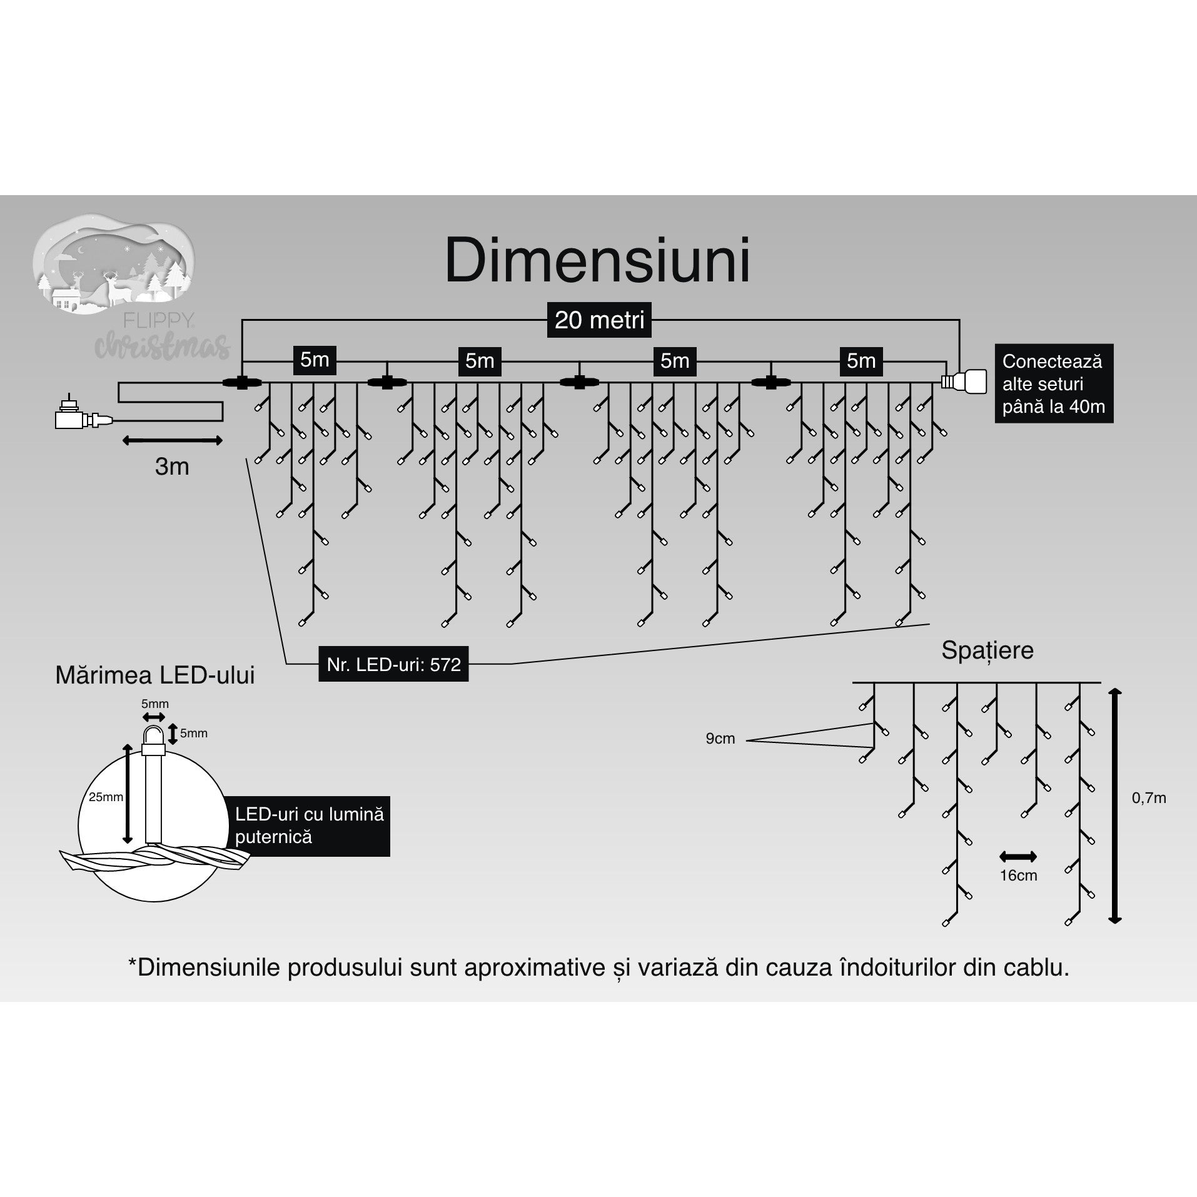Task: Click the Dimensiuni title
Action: pos(597,261)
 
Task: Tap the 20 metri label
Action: pos(599,320)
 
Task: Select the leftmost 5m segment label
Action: pos(315,360)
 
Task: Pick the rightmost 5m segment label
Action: pos(861,361)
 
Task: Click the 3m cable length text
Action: pos(172,467)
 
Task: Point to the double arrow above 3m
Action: pos(172,441)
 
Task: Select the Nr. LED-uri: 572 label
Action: pos(393,664)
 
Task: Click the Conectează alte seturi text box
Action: pos(1053,383)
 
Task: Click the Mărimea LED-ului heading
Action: pos(155,676)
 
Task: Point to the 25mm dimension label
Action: pos(106,797)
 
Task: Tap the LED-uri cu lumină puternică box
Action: pos(309,826)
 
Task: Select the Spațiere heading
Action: pos(987,650)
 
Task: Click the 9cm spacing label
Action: pos(720,739)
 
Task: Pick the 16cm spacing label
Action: pos(1018,876)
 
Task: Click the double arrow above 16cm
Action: pos(1018,857)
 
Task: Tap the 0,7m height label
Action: pos(1149,798)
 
